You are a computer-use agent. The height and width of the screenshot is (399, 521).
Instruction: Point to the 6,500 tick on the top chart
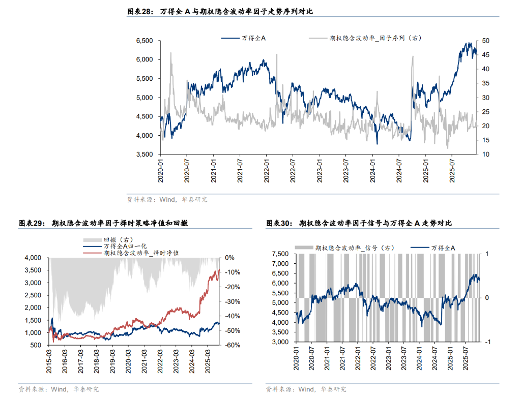pyautogui.click(x=145, y=41)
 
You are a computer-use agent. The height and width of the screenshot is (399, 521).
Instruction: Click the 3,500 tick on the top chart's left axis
pyautogui.click(x=145, y=155)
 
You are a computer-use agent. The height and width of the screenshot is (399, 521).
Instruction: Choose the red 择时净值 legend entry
pyautogui.click(x=140, y=253)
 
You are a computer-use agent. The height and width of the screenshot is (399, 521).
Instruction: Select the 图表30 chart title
pyautogui.click(x=359, y=223)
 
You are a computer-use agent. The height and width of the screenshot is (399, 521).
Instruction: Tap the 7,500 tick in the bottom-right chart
pyautogui.click(x=281, y=254)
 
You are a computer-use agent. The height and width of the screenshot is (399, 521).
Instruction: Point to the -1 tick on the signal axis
pyautogui.click(x=488, y=342)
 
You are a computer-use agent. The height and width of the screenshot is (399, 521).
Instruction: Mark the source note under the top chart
pyautogui.click(x=167, y=200)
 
